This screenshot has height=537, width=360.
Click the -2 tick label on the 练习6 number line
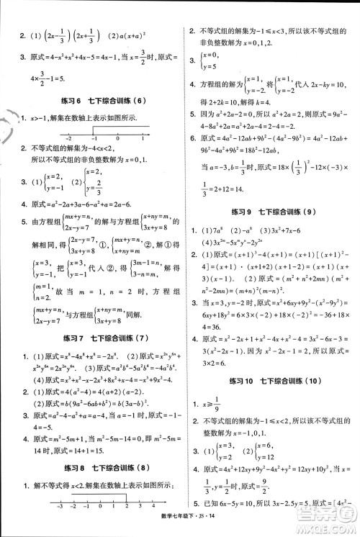click(68, 137)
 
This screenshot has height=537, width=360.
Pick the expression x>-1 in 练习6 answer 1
click(37, 117)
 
